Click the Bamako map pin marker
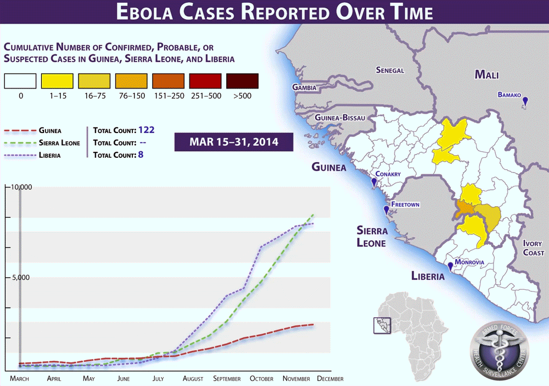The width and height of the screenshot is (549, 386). click(x=525, y=101)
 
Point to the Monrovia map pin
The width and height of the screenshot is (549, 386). click(x=451, y=267)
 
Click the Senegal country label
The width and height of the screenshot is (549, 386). click(x=390, y=70)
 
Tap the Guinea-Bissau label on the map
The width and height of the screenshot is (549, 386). click(x=337, y=118)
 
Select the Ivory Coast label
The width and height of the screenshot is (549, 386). click(x=533, y=248)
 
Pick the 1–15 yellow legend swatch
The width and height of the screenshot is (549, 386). click(x=58, y=81)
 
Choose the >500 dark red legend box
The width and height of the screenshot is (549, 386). click(x=242, y=81)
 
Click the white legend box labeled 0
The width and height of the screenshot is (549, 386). click(x=20, y=81)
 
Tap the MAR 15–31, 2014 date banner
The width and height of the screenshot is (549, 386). click(x=233, y=142)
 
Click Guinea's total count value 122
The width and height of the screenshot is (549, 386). click(x=147, y=130)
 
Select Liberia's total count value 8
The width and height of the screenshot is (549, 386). click(x=141, y=155)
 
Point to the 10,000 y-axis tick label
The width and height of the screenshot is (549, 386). click(x=21, y=187)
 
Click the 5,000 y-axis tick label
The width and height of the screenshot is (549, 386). click(x=21, y=278)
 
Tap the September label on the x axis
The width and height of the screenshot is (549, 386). click(x=227, y=379)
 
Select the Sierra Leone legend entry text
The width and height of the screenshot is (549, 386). click(x=59, y=143)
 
